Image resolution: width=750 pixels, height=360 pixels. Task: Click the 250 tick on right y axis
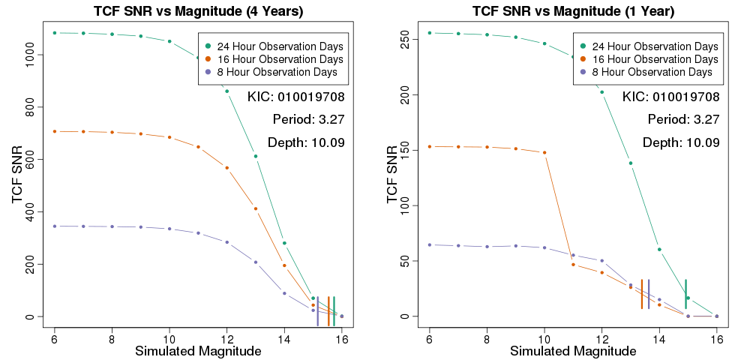405,39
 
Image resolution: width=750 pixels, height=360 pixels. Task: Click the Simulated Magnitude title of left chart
198,351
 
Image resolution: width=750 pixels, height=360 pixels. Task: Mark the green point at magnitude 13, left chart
256,156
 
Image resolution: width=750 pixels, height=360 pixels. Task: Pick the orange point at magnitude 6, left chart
55,131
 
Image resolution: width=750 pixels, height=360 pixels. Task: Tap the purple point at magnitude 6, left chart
55,226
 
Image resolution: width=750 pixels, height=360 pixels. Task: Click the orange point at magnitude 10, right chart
544,152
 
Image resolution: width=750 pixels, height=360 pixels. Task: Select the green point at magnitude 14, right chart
659,249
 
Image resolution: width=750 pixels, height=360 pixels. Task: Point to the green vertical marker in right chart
685,293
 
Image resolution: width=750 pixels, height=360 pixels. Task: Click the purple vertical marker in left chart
317,310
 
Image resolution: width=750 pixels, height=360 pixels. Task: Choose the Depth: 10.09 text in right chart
681,142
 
